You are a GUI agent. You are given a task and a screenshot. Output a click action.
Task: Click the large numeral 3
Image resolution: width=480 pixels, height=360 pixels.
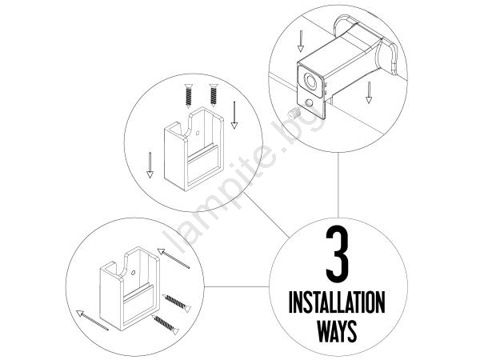pos(337,254)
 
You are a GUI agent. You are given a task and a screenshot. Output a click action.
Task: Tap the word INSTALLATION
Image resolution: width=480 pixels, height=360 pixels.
pos(337,302)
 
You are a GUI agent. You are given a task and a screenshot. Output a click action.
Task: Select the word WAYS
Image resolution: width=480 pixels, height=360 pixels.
pos(337,331)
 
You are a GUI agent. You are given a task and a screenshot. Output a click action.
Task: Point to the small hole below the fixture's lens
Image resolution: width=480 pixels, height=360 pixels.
pos(310,103)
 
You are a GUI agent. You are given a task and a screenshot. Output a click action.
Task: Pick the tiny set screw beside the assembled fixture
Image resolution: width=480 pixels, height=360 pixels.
pos(294,114)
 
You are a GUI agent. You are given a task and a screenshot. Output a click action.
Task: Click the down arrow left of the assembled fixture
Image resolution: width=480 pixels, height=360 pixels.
pos(301,41)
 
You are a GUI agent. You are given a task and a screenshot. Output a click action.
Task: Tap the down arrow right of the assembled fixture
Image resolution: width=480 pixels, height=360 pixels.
pos(369,92)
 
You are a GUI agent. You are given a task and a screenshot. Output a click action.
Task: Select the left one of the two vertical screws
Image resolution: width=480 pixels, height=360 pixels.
pos(189,96)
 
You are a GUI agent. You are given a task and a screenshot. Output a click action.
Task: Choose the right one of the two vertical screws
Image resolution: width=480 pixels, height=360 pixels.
pos(214,95)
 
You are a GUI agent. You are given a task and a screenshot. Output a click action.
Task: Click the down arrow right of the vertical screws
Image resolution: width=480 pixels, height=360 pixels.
pos(234,115)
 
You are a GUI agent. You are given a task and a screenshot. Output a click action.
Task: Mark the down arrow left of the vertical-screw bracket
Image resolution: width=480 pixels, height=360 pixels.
pos(150,166)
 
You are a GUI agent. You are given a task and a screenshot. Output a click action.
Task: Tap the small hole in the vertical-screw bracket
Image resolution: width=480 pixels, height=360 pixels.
pos(198,133)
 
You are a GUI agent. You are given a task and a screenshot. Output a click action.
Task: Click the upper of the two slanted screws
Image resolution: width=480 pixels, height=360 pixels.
pos(177,303)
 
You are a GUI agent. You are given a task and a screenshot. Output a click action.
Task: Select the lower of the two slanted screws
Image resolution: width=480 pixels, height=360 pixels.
pos(166,325)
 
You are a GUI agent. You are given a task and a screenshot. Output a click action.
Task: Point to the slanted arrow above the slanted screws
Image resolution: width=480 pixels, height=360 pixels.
pos(174,258)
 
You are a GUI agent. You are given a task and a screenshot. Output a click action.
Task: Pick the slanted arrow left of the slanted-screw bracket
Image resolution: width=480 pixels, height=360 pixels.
pos(92,320)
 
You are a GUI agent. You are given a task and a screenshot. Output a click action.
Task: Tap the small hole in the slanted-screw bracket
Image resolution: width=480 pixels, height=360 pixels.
pos(133,273)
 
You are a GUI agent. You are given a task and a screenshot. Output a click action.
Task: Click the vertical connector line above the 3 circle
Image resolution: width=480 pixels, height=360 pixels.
pos(338,186)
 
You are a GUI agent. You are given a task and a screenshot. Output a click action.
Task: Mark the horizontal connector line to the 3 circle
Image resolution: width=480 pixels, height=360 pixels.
pos(237,287)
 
